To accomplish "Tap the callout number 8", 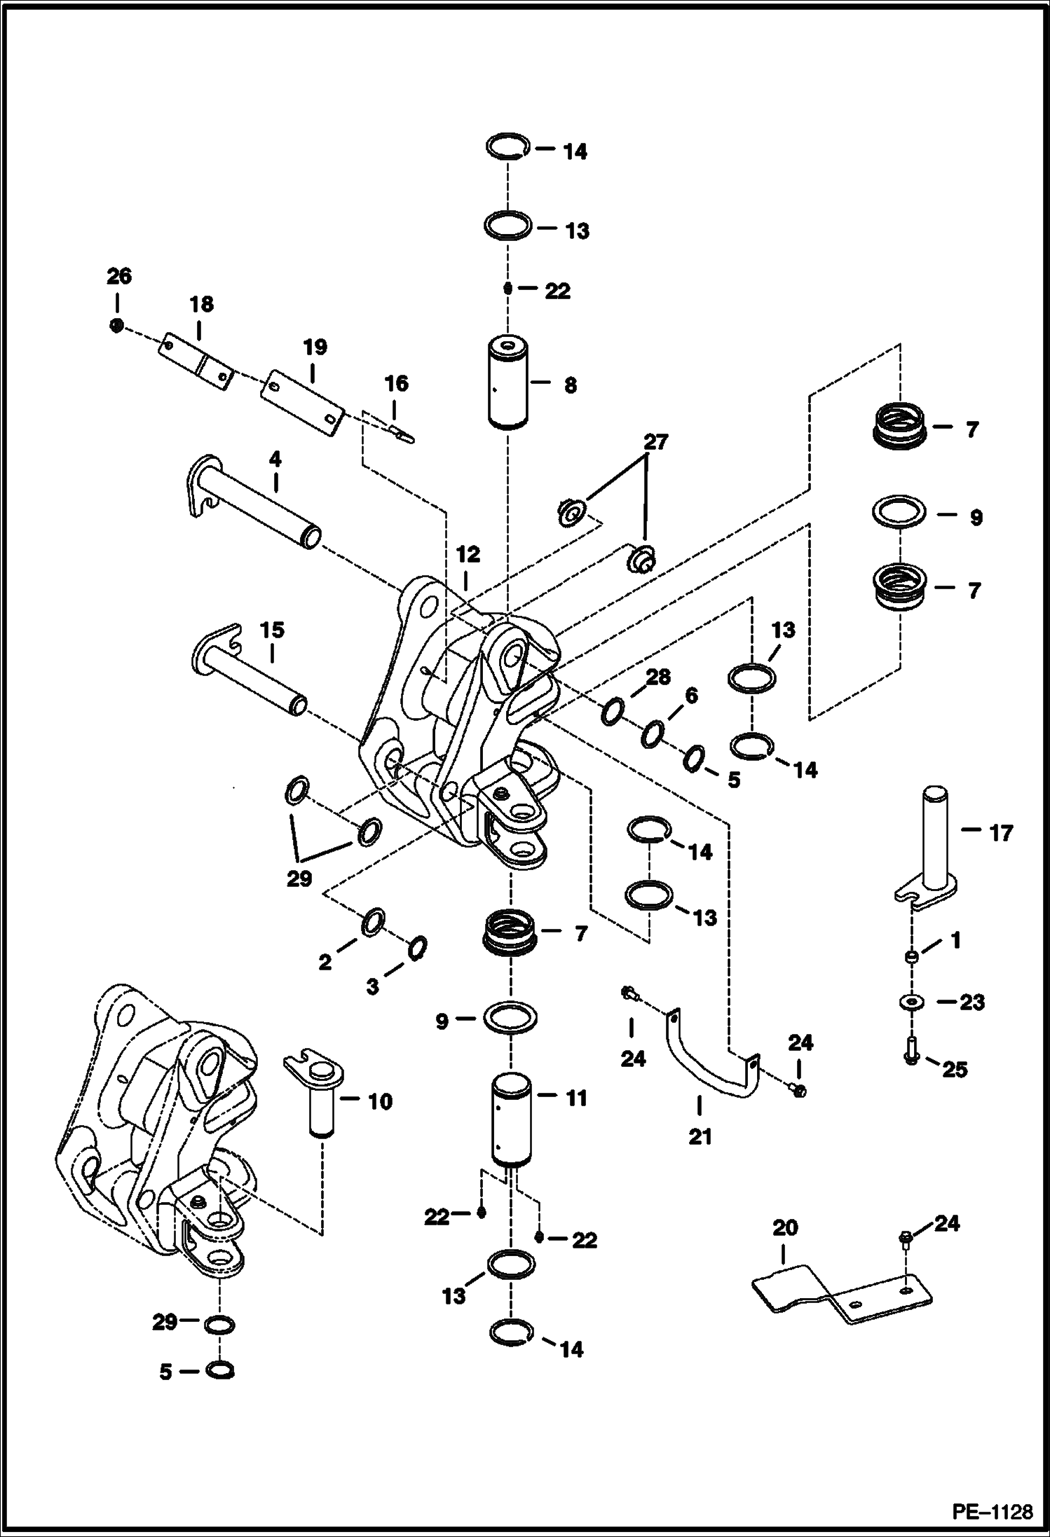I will pos(571,385).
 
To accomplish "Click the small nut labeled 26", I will pos(118,325).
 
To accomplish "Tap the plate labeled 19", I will pos(301,403).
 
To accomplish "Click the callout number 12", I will pos(468,555).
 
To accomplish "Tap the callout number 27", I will pos(655,443).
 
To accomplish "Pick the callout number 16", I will pos(396,383).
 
